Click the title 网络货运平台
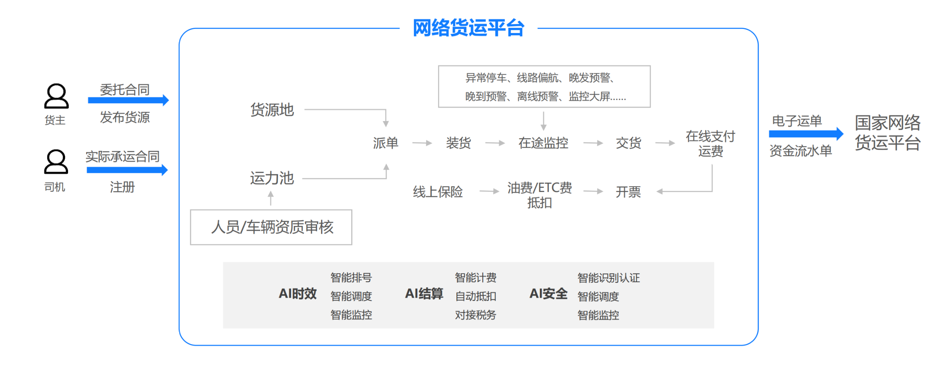coord(469,28)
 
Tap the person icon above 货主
coord(56,96)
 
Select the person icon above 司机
coord(56,162)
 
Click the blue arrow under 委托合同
coord(128,100)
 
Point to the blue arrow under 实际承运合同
coord(127,170)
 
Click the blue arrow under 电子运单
coord(806,134)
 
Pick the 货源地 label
coord(272,110)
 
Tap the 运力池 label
coord(272,178)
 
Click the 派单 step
coord(385,143)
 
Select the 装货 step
coord(458,143)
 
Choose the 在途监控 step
coord(543,143)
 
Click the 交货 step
coord(628,143)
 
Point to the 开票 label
coord(628,192)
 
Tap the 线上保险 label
coord(438,192)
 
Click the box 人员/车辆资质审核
coord(271,227)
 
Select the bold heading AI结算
coord(424,294)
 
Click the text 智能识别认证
coord(609,278)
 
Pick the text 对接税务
coord(475,315)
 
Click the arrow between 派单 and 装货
coord(422,143)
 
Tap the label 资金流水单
coord(801,151)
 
